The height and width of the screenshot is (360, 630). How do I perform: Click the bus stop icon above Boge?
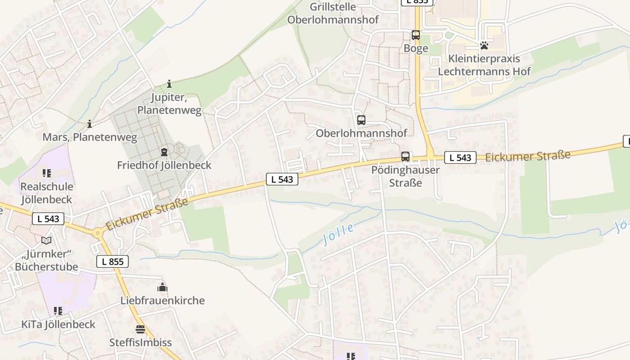coord(416,35)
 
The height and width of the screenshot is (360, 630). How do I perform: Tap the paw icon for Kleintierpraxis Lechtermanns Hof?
coord(484,45)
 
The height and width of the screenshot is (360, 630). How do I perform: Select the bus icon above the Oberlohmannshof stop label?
coord(361,120)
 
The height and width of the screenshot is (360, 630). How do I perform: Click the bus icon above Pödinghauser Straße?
coord(405,157)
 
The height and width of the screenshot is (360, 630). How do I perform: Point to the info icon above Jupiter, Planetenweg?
coord(169,84)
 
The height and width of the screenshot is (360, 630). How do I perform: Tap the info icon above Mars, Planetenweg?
coord(90,124)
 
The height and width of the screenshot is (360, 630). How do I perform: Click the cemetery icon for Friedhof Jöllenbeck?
coord(164,152)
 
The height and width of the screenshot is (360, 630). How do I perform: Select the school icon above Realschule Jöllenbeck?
coord(47,173)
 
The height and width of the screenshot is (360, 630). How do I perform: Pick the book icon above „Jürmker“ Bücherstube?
coord(46,240)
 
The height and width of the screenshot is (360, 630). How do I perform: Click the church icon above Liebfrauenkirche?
coord(162,287)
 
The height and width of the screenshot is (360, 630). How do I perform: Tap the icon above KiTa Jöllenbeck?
coord(58,311)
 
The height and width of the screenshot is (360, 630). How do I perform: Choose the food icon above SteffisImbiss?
coord(140,329)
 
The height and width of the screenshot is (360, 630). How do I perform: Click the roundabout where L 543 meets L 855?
coord(97,233)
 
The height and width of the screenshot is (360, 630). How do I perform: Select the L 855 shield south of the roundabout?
coord(112,261)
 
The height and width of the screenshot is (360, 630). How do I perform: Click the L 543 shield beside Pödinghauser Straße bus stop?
coord(460,157)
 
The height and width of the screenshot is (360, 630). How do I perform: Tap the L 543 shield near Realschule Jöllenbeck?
coord(48,219)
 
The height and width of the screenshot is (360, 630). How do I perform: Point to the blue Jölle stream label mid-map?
coord(338,234)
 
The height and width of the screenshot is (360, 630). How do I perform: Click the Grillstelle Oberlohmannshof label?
coord(333,13)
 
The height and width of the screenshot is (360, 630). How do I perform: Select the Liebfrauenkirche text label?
coord(162,301)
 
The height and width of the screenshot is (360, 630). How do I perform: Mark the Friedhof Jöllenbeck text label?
coord(164,165)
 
